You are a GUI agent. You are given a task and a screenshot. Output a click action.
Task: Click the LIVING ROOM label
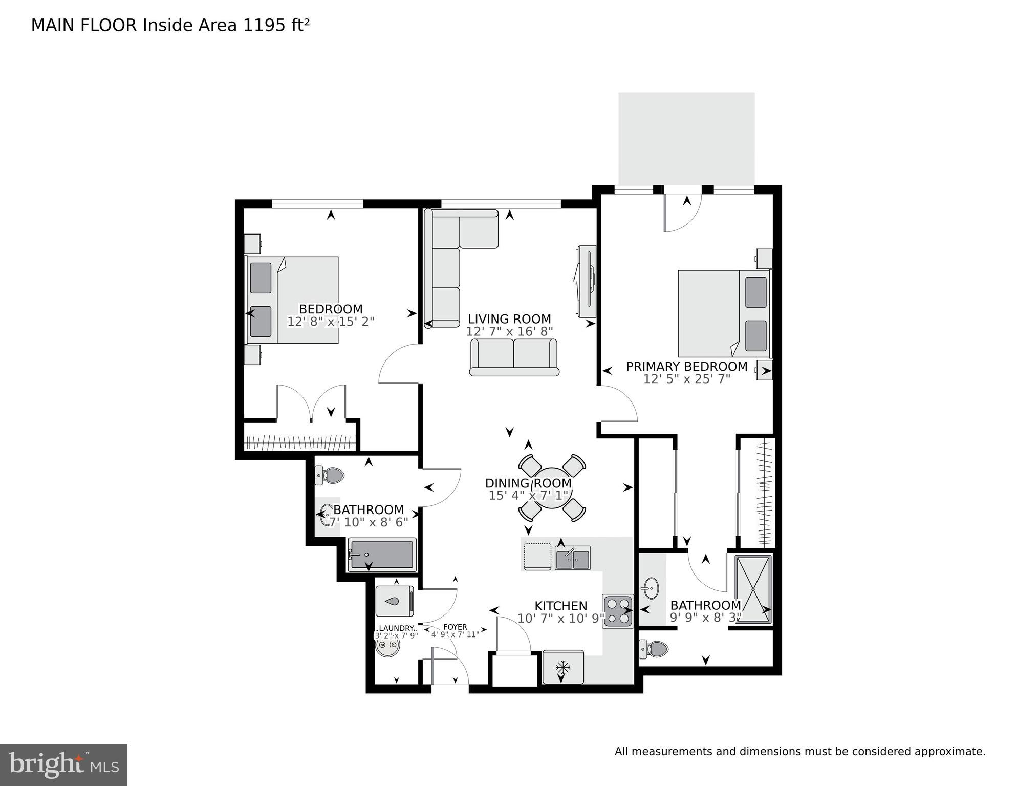point(509,318)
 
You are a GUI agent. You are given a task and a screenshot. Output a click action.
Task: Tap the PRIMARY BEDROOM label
point(686,367)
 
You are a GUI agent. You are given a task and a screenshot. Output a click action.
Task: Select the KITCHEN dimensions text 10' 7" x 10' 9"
point(561,619)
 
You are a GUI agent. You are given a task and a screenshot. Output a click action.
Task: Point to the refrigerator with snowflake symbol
point(563,667)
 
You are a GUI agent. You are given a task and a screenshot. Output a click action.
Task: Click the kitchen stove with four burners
point(618,611)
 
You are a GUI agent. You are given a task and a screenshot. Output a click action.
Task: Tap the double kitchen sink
point(573,558)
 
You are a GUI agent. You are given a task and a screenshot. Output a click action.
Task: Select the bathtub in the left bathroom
point(382,555)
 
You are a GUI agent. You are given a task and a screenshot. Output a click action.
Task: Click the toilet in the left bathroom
point(330,475)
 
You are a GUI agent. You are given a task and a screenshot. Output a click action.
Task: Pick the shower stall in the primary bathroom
point(753,589)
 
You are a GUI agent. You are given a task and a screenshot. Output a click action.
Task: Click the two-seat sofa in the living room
point(513,357)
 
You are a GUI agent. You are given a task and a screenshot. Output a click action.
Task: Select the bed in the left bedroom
point(293,300)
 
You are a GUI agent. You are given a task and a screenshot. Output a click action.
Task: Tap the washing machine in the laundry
point(394,601)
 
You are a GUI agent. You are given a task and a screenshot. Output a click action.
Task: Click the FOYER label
point(455,627)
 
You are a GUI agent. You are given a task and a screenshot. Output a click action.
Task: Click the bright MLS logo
point(63,765)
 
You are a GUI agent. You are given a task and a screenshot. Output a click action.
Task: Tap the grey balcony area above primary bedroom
point(686,138)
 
